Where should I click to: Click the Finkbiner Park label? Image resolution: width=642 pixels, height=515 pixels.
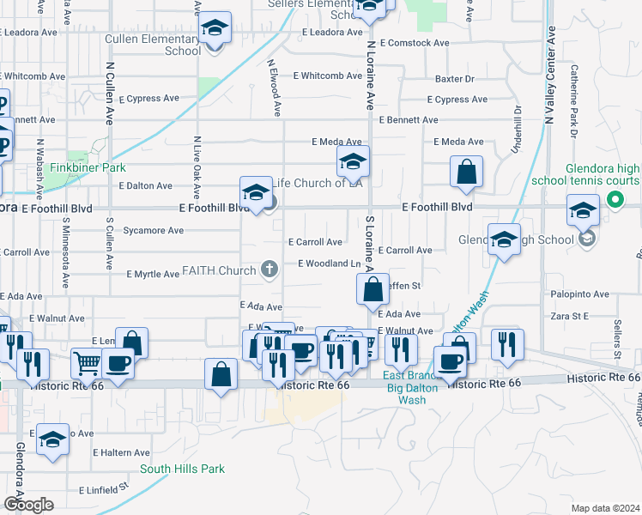pos(88,167)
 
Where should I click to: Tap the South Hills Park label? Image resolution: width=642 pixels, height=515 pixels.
pos(182,469)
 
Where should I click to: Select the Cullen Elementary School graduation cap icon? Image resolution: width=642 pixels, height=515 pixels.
pos(215,30)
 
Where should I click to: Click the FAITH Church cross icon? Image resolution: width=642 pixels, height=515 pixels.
pos(269,270)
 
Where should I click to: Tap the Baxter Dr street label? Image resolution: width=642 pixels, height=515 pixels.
pos(454,79)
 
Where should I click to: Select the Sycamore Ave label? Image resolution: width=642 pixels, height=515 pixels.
pos(154,231)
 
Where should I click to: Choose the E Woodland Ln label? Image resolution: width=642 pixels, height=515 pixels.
pos(328,264)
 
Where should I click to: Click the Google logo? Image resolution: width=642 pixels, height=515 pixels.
pos(28,504)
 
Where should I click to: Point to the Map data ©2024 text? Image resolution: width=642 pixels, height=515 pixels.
pos(605,508)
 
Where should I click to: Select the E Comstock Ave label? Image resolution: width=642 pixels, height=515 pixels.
pos(414,42)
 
